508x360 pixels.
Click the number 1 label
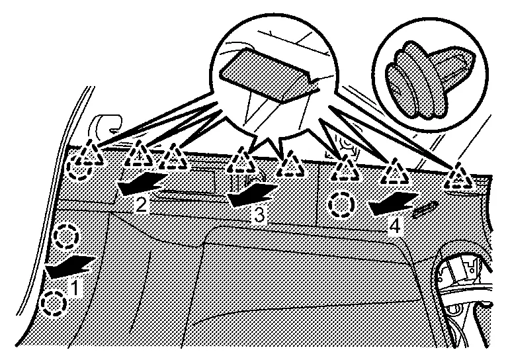[x=77, y=289]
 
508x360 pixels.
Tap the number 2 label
[x=141, y=204]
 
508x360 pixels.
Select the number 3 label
[x=259, y=214]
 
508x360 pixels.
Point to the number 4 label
[x=395, y=225]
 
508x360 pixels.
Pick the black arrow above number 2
[x=140, y=183]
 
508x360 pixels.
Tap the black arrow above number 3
[x=251, y=192]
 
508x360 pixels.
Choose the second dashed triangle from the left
[x=138, y=155]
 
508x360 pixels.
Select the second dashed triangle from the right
[x=396, y=171]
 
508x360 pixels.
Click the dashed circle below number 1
[x=54, y=304]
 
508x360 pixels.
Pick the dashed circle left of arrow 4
[x=342, y=204]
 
